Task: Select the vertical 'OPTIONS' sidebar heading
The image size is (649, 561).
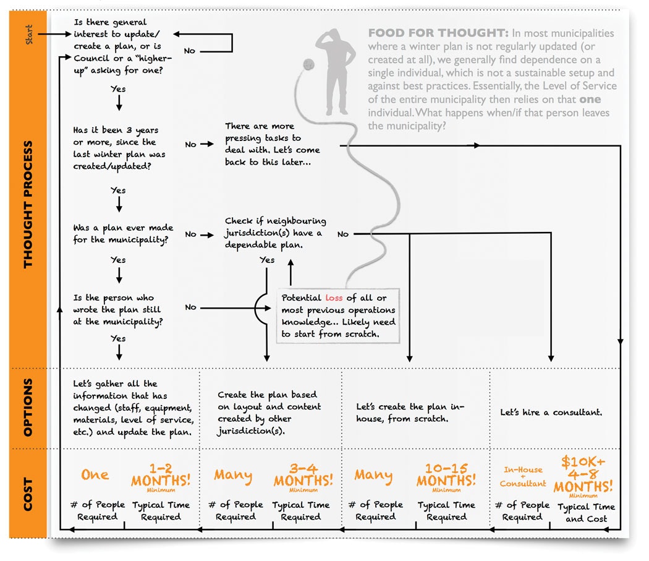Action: [28, 408]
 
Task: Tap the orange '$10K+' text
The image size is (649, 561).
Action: [583, 461]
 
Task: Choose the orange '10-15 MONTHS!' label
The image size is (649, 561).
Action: [446, 475]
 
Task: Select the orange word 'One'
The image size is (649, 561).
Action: [95, 474]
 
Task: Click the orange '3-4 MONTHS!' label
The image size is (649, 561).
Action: [303, 475]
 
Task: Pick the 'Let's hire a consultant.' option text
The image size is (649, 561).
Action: [551, 412]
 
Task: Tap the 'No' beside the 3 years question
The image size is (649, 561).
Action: [190, 144]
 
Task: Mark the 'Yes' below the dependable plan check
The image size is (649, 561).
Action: [267, 260]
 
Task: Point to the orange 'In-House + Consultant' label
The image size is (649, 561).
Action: [523, 476]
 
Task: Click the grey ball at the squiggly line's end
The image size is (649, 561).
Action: [308, 64]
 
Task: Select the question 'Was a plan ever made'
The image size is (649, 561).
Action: [123, 228]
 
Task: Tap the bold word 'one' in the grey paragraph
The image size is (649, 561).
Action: [590, 99]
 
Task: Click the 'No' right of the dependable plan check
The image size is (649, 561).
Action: [343, 234]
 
